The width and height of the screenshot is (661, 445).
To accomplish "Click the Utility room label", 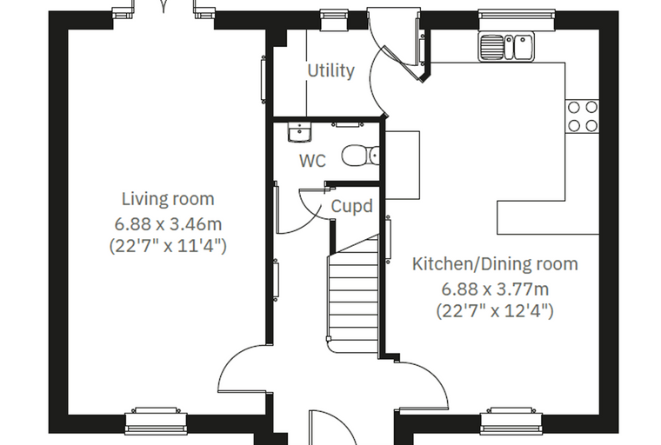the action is tap(330, 70).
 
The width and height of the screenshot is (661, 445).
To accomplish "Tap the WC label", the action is tap(312, 161).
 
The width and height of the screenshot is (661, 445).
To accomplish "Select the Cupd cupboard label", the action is tap(351, 207).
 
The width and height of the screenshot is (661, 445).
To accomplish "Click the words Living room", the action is tap(168, 199).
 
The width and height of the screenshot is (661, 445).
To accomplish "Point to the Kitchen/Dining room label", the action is tap(495, 264).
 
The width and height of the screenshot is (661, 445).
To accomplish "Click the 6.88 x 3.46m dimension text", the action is tap(168, 224).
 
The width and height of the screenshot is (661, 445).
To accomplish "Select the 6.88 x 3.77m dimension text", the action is tap(495, 289).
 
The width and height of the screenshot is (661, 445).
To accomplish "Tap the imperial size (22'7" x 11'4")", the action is tap(168, 246).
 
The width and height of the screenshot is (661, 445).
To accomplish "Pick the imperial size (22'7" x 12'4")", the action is tap(495, 311).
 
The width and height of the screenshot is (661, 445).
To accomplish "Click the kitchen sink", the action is tap(506, 46).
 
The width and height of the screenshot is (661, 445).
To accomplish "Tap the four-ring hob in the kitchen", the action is tap(582, 116).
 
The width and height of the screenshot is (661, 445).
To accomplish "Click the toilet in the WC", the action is tap(360, 156).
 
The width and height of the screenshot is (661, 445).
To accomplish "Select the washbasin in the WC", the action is tap(299, 132).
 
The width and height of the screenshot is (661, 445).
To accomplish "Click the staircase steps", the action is tap(353, 295).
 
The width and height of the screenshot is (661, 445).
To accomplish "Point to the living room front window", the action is tap(156, 421).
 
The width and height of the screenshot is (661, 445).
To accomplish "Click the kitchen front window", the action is tap(511, 421).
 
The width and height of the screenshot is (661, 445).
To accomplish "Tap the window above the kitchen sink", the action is tap(517, 20).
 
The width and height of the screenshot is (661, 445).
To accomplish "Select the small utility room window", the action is tap(334, 20).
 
